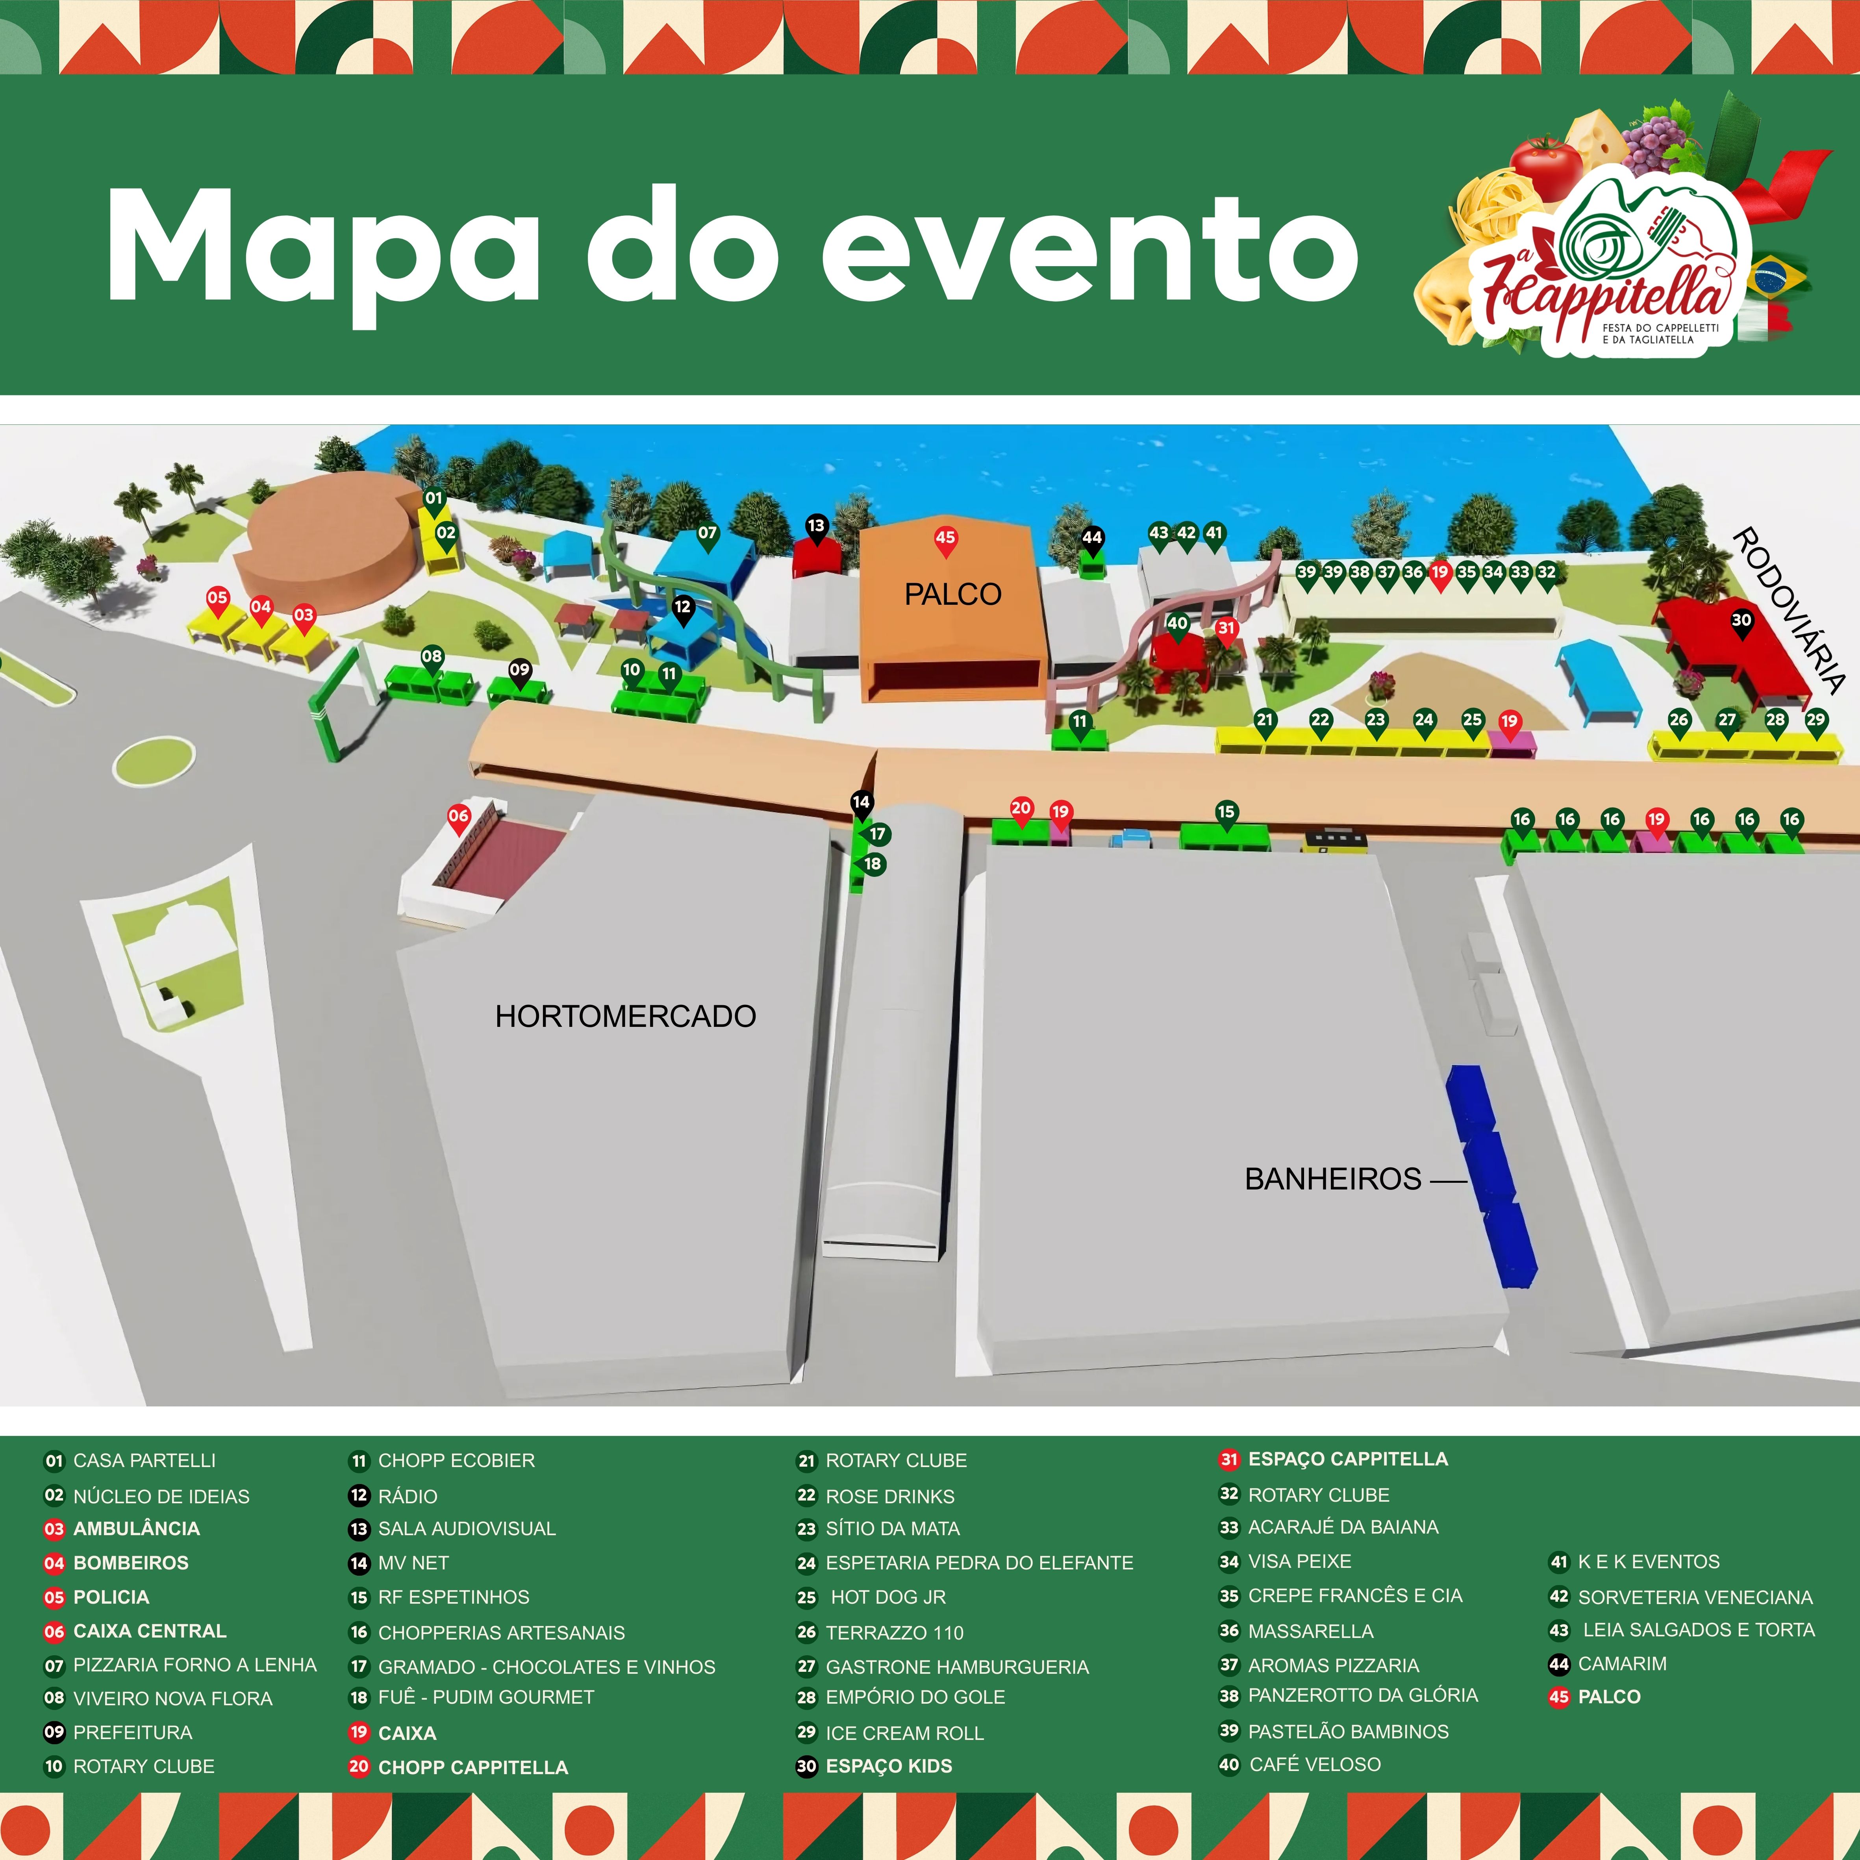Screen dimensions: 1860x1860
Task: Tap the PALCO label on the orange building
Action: [x=952, y=594]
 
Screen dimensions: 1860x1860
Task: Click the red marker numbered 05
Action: [x=218, y=598]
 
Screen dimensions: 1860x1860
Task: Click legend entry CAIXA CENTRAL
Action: [x=149, y=1631]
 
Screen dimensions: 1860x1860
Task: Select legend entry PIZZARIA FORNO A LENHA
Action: [x=195, y=1665]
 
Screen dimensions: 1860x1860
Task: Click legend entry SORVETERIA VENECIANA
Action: [x=1694, y=1597]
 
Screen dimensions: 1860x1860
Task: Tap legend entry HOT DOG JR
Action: [x=887, y=1597]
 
